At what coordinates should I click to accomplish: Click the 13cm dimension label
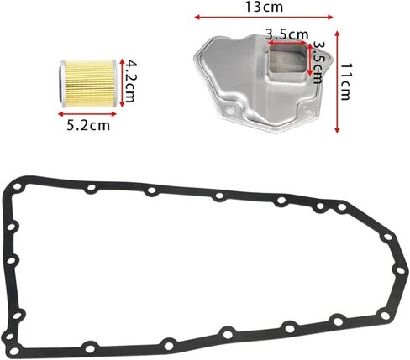264,7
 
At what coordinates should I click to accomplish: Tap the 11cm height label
345,81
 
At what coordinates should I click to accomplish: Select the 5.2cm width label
88,125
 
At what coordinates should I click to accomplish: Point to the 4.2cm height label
130,81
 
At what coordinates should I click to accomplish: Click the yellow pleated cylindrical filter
88,84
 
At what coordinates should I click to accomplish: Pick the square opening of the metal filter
288,60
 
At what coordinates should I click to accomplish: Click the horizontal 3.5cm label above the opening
286,34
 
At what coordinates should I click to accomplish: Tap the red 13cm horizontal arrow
264,18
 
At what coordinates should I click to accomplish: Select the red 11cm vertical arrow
337,81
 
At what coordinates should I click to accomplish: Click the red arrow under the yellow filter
87,114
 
